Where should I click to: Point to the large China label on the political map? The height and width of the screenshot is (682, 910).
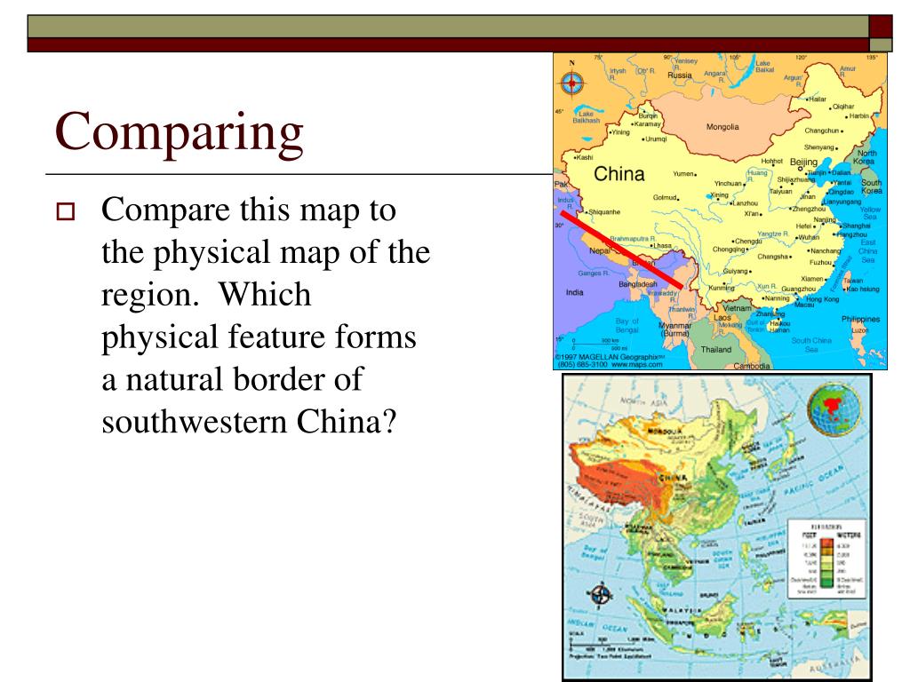click(619, 174)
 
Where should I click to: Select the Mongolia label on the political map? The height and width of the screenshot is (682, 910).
click(722, 127)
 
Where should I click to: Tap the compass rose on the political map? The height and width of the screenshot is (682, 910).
click(571, 83)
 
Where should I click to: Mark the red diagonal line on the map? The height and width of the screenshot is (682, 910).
click(621, 249)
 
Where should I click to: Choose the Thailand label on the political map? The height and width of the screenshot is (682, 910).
click(716, 349)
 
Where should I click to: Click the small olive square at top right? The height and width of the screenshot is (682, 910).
click(881, 44)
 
